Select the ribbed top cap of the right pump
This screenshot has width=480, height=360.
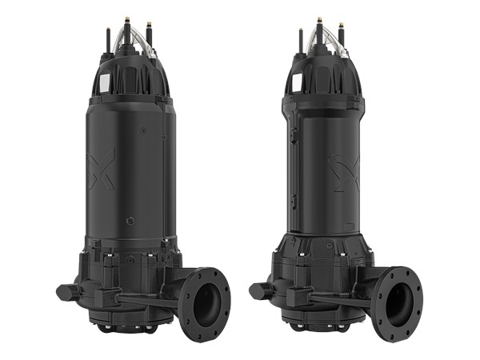tap(324, 74)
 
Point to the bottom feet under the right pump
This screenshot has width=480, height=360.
tap(320, 328)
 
